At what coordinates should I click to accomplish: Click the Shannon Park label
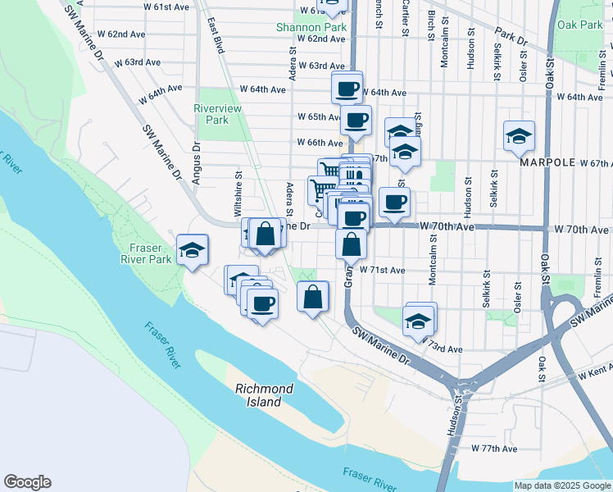(x=311, y=27)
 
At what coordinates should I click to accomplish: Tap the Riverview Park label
(x=211, y=114)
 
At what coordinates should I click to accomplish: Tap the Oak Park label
(x=579, y=25)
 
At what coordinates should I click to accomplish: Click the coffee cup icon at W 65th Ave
(x=356, y=120)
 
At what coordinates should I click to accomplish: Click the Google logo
(x=27, y=482)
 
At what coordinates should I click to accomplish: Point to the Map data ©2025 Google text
(x=561, y=485)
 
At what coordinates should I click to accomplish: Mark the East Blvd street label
(x=216, y=35)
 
